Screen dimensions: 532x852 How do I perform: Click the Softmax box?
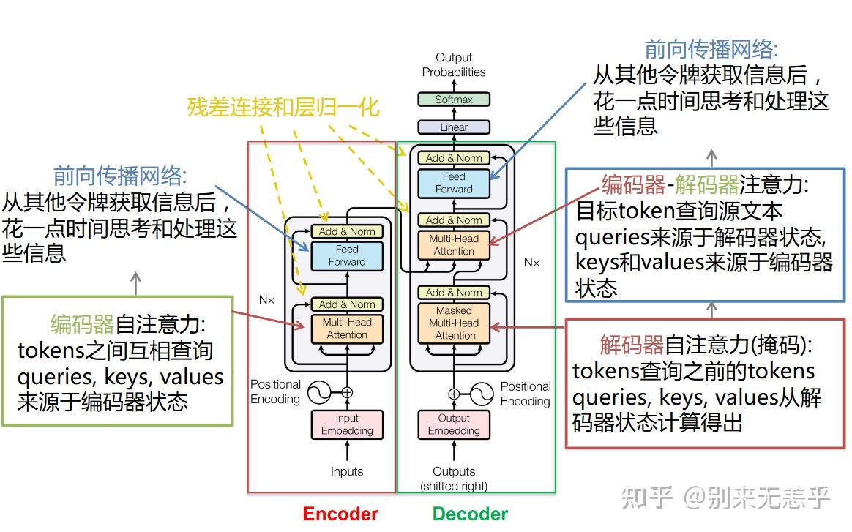point(454,100)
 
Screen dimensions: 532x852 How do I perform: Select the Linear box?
point(454,127)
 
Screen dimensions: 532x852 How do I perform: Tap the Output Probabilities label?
point(454,64)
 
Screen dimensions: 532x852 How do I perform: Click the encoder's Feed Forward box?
point(347,255)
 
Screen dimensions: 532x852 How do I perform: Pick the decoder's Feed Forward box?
point(454,183)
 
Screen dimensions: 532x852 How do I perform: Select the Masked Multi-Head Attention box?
point(454,323)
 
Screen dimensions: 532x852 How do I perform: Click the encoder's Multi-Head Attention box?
point(347,329)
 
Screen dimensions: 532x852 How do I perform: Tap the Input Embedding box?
point(347,424)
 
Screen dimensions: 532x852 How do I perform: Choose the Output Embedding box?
point(454,424)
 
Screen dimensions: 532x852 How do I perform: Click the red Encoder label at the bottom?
point(340,514)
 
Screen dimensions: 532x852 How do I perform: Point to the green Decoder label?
point(470,514)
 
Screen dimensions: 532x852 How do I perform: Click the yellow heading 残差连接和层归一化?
point(283,108)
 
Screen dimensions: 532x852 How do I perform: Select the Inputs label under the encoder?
point(347,471)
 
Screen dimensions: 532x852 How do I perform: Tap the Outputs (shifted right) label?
point(454,478)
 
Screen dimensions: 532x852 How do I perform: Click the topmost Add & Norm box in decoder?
point(454,158)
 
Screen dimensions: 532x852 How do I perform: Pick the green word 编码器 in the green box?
point(82,323)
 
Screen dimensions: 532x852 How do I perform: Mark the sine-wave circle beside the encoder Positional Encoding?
point(319,393)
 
